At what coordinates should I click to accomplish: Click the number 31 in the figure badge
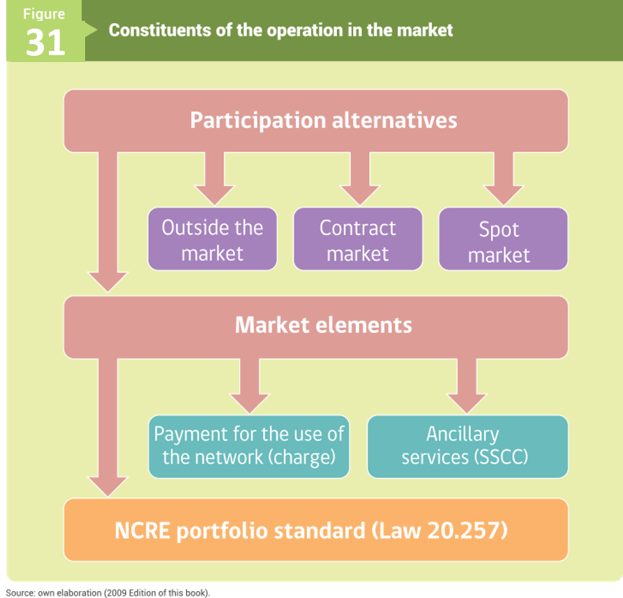(x=45, y=43)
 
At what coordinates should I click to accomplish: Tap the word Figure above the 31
(x=44, y=14)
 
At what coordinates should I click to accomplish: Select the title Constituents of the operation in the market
(x=280, y=30)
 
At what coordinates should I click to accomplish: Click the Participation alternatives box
(x=316, y=121)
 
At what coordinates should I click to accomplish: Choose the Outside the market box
(x=213, y=239)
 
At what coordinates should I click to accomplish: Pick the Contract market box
(x=358, y=239)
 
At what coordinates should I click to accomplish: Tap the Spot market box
(x=503, y=239)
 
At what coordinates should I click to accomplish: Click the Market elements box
(x=316, y=327)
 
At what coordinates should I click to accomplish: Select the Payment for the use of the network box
(x=249, y=447)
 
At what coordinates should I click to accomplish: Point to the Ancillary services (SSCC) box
(x=467, y=447)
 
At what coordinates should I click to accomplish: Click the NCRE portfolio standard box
(x=316, y=530)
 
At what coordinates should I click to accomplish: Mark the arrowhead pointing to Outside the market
(x=215, y=195)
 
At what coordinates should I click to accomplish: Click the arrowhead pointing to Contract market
(x=360, y=195)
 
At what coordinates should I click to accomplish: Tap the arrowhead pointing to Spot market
(x=504, y=195)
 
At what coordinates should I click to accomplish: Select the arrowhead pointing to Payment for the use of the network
(x=250, y=403)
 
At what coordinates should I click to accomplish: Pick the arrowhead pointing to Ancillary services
(x=467, y=403)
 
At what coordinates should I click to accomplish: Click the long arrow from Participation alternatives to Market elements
(x=107, y=222)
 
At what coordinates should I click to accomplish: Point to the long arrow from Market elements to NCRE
(x=107, y=428)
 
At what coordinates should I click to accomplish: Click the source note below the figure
(x=107, y=592)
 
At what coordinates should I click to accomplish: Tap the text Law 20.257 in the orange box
(x=440, y=530)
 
